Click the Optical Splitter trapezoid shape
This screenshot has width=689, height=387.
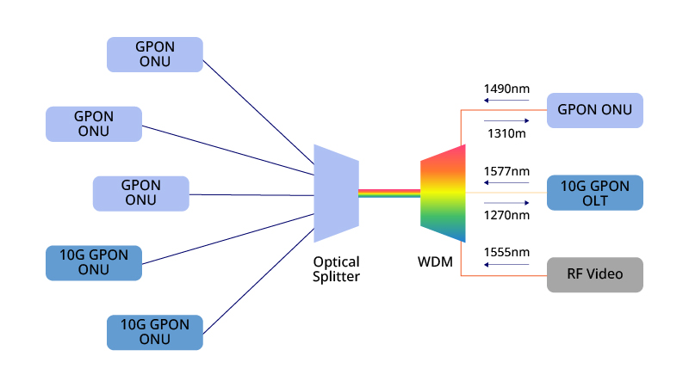pos(336,193)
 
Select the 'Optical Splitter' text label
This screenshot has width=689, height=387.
pos(336,269)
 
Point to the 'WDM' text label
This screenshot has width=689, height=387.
pos(436,261)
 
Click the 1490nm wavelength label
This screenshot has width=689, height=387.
pos(506,89)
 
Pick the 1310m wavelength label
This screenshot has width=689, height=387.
pos(506,134)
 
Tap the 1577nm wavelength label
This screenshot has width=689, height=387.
pos(506,171)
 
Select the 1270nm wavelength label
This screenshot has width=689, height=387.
pos(506,215)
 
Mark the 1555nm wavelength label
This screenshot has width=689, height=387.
pos(506,253)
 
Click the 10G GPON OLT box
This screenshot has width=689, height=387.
pos(594,193)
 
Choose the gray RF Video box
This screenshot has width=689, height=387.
pos(594,275)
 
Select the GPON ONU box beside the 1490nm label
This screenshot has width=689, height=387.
pos(594,110)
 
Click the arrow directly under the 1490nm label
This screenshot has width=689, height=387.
pos(506,101)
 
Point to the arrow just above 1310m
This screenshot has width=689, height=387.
pos(506,121)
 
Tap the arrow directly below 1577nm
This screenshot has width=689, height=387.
pos(506,183)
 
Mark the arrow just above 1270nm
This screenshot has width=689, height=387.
pos(506,203)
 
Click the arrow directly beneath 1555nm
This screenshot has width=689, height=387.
pos(506,265)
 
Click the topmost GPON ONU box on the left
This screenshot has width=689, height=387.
pos(155,54)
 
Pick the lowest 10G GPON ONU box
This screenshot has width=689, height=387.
pos(155,332)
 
